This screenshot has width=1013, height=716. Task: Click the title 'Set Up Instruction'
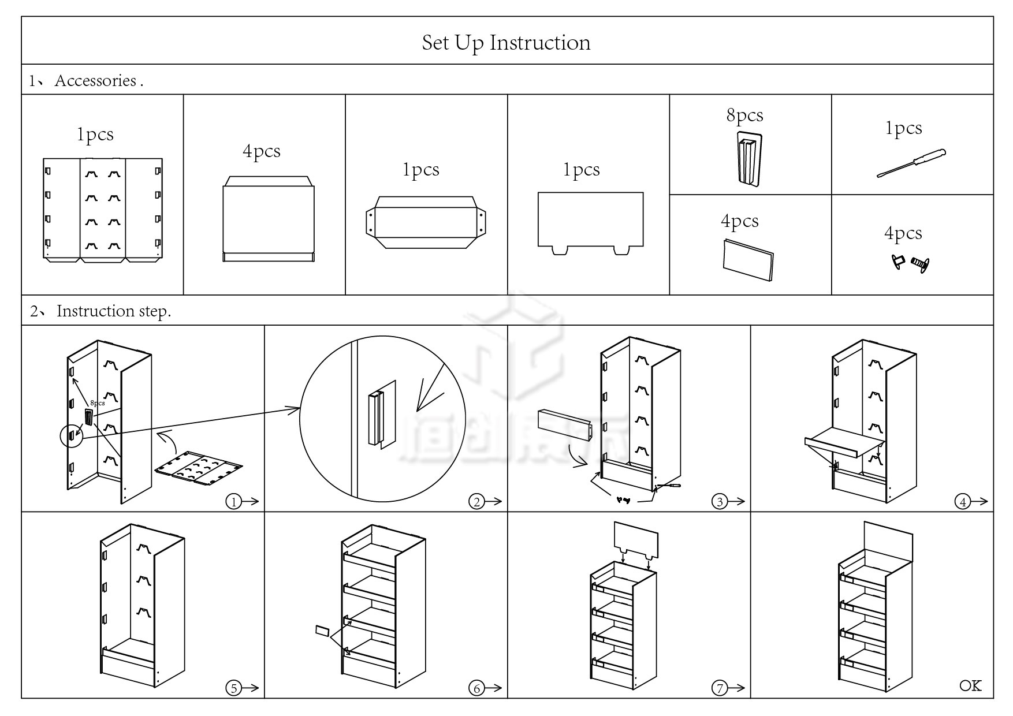point(506,43)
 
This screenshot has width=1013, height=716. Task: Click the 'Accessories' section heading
point(95,80)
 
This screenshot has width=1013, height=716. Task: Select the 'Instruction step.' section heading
point(113,311)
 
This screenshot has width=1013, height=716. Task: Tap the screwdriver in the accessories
point(911,163)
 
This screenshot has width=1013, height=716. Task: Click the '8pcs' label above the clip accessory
point(744,115)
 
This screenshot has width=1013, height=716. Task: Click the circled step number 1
point(233,502)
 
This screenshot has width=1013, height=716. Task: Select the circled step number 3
point(719,502)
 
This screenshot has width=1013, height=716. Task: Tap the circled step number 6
point(476,688)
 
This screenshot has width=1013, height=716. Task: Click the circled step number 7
point(719,688)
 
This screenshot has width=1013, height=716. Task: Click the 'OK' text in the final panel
point(970,685)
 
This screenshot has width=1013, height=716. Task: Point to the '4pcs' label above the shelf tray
point(262,151)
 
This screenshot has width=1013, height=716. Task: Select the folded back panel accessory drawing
point(103,210)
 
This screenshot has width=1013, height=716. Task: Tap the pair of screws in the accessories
point(910,263)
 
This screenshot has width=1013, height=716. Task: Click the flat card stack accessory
point(748,259)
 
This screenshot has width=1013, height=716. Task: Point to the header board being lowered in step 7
point(636,539)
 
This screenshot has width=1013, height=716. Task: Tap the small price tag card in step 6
point(322,631)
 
